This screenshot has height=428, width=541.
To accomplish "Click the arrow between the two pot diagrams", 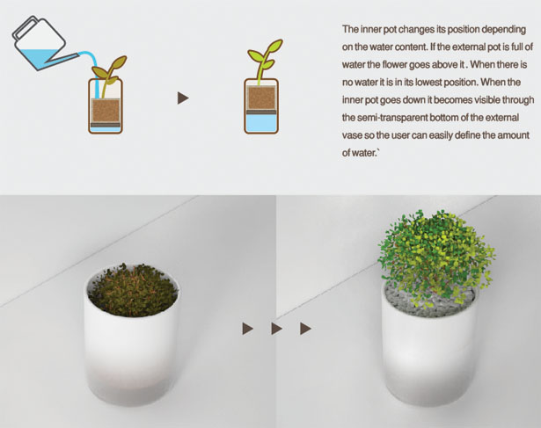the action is [183, 98].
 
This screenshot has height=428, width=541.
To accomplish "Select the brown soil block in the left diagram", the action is [106, 110].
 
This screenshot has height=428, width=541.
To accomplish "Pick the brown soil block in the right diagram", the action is [261, 98].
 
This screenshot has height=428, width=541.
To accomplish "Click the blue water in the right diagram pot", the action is [261, 123].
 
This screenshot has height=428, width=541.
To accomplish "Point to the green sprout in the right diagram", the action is [265, 61].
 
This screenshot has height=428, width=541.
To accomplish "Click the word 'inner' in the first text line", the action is [371, 29].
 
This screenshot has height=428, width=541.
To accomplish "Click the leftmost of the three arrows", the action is [248, 329].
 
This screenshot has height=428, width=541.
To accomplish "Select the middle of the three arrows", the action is [277, 329].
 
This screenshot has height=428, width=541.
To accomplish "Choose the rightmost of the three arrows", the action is [306, 329].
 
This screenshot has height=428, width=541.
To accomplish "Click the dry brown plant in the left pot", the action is [132, 290].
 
